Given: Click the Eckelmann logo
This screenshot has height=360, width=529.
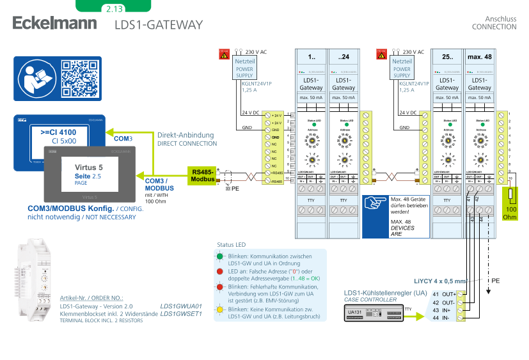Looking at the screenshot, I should pos(54,24).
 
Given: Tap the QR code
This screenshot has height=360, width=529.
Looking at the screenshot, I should pos(79,78).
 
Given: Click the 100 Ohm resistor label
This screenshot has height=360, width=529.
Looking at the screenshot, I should pos(512,213).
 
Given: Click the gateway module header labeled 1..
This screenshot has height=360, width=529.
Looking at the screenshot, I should pos(311,57).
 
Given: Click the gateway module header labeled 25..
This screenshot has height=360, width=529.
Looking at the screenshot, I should pos(446,57).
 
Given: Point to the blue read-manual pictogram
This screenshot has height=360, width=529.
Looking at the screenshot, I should pos(35,78).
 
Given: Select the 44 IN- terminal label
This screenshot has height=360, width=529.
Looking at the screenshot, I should pos(443,317).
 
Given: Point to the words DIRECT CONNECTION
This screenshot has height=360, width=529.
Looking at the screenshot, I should pos(187,143).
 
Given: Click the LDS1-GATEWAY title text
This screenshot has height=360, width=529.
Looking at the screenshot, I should pos(159,25).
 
